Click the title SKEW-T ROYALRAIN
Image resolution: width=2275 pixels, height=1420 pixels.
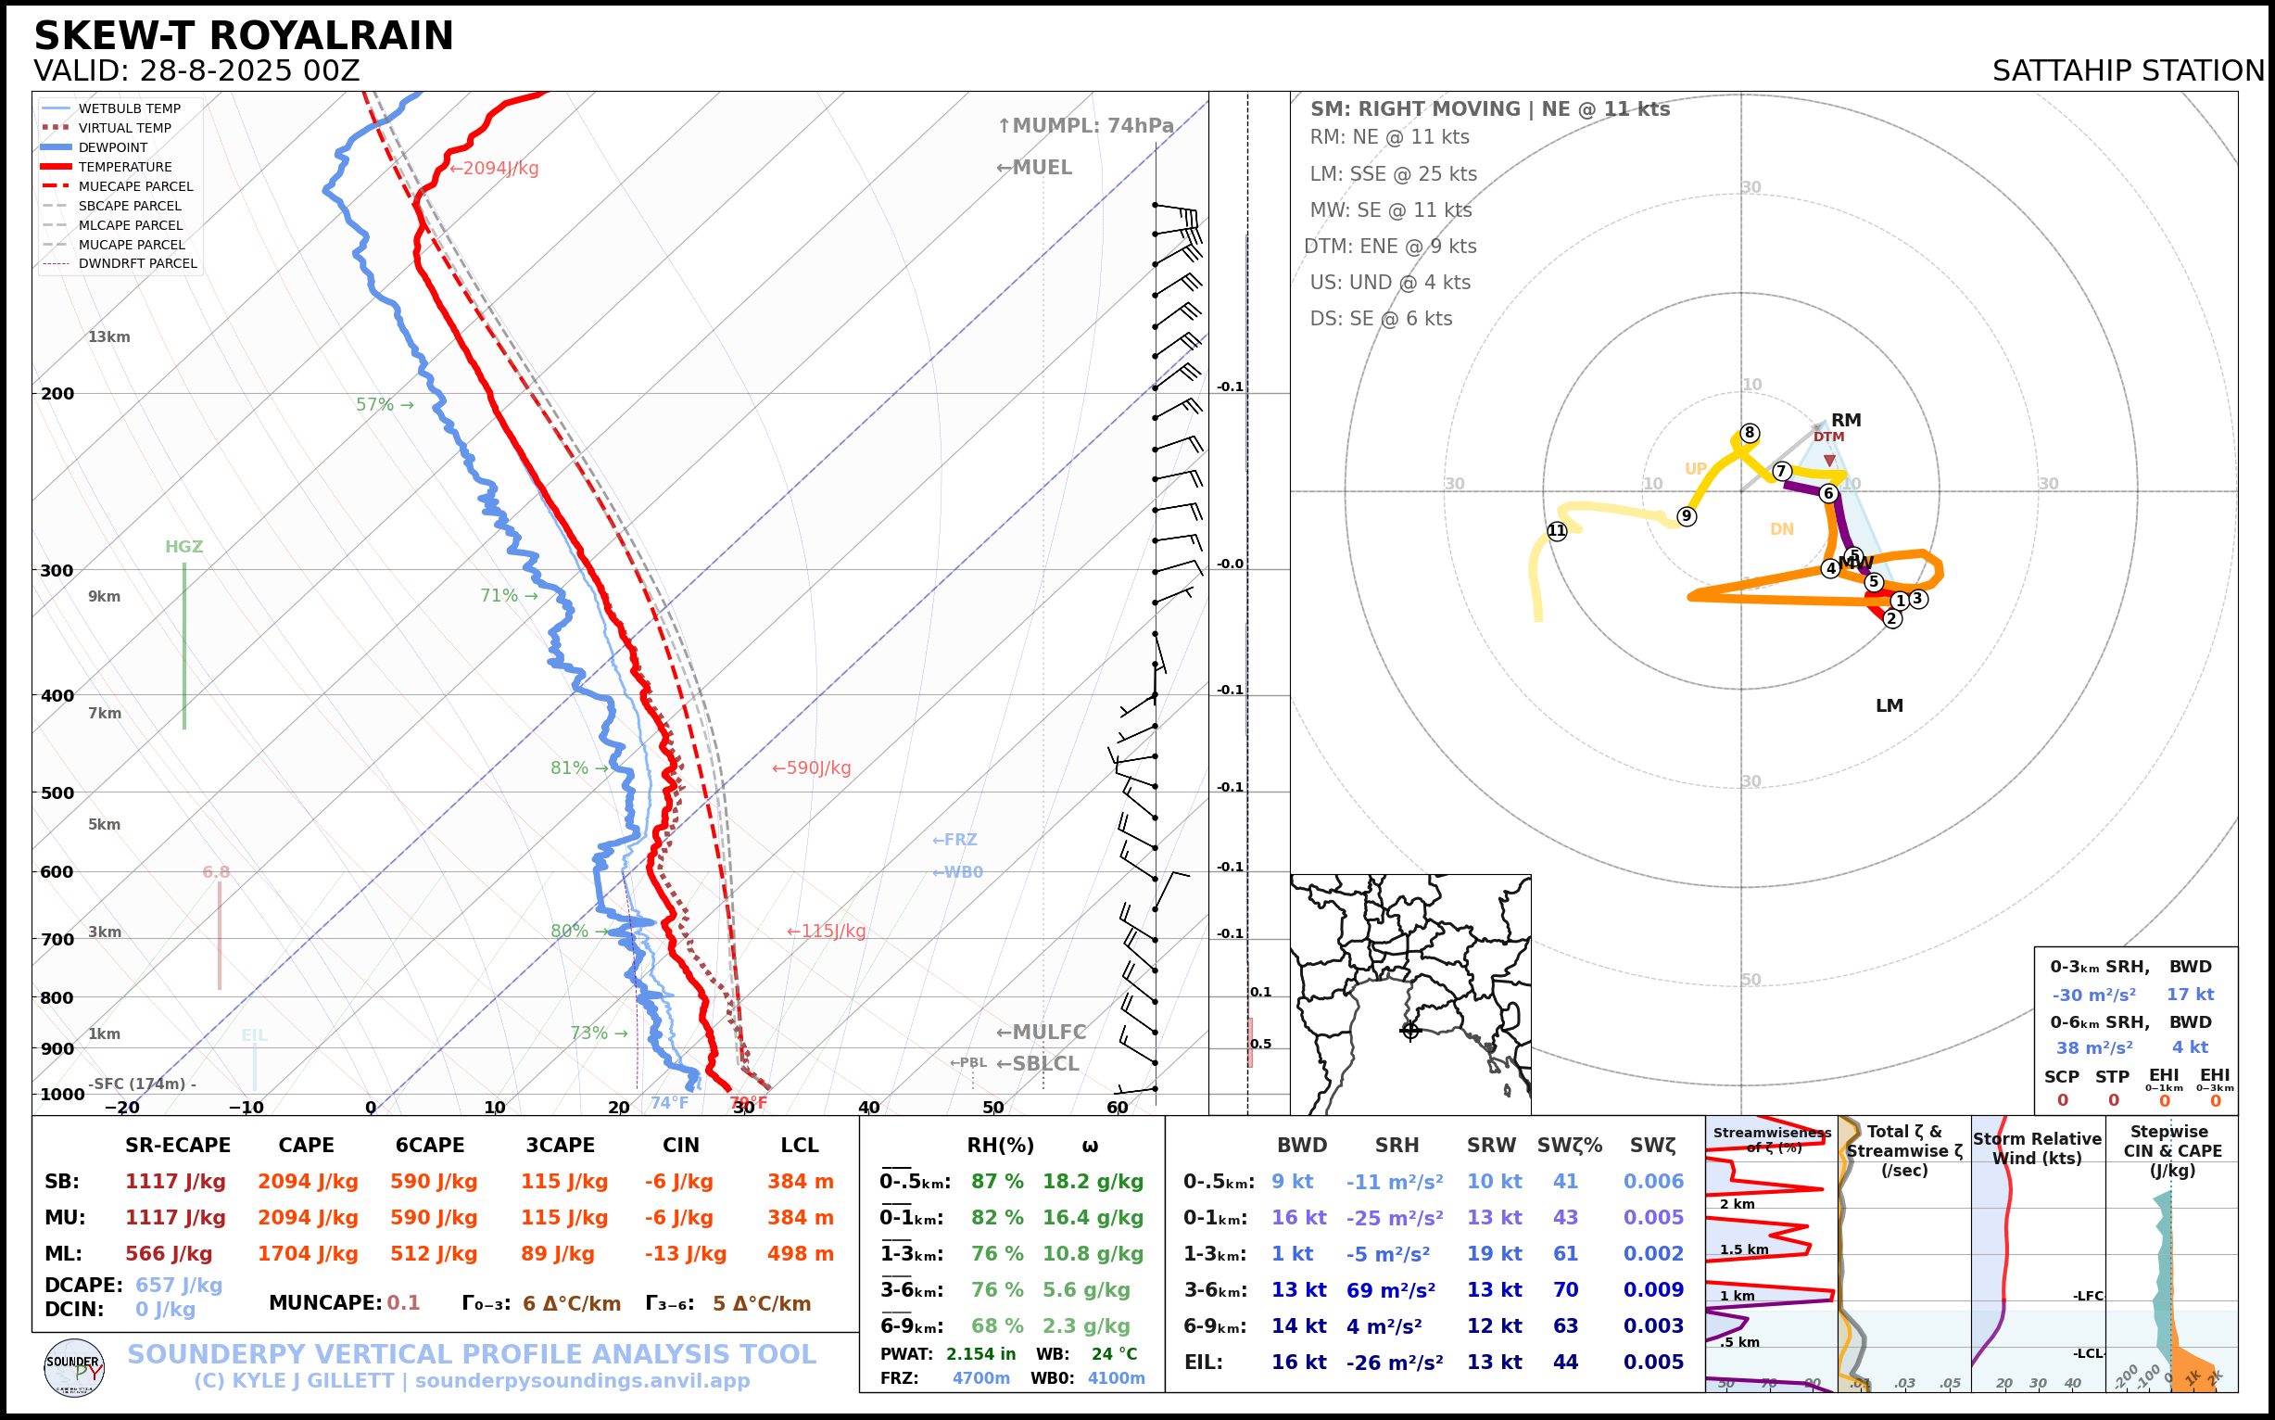point(243,37)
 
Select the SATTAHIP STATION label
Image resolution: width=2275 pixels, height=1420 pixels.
point(2128,71)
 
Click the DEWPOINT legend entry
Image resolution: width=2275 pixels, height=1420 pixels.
point(113,147)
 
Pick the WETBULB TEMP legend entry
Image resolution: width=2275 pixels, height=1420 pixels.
point(129,109)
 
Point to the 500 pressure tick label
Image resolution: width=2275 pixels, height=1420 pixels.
point(57,792)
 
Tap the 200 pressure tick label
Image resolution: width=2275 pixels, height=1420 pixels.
point(57,394)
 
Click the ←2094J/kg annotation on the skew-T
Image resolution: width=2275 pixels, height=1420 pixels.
point(494,169)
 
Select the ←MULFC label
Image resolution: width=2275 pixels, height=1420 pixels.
point(1041,1033)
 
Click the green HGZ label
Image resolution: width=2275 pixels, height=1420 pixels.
point(184,547)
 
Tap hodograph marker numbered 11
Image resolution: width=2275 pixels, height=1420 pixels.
point(1557,530)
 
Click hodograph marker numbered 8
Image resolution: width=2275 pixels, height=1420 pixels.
point(1750,433)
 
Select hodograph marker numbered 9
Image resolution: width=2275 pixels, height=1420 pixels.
point(1687,515)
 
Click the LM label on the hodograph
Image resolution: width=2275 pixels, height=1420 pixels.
point(1890,705)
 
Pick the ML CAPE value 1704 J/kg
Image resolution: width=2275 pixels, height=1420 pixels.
point(308,1254)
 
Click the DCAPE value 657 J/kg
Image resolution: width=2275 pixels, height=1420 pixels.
point(179,1285)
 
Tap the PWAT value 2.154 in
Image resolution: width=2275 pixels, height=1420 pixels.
point(980,1354)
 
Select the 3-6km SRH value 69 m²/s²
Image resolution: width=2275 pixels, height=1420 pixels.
point(1391,1290)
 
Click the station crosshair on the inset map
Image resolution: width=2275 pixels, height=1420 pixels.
point(1410,1031)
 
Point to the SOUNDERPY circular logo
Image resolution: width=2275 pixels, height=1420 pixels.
point(74,1367)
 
